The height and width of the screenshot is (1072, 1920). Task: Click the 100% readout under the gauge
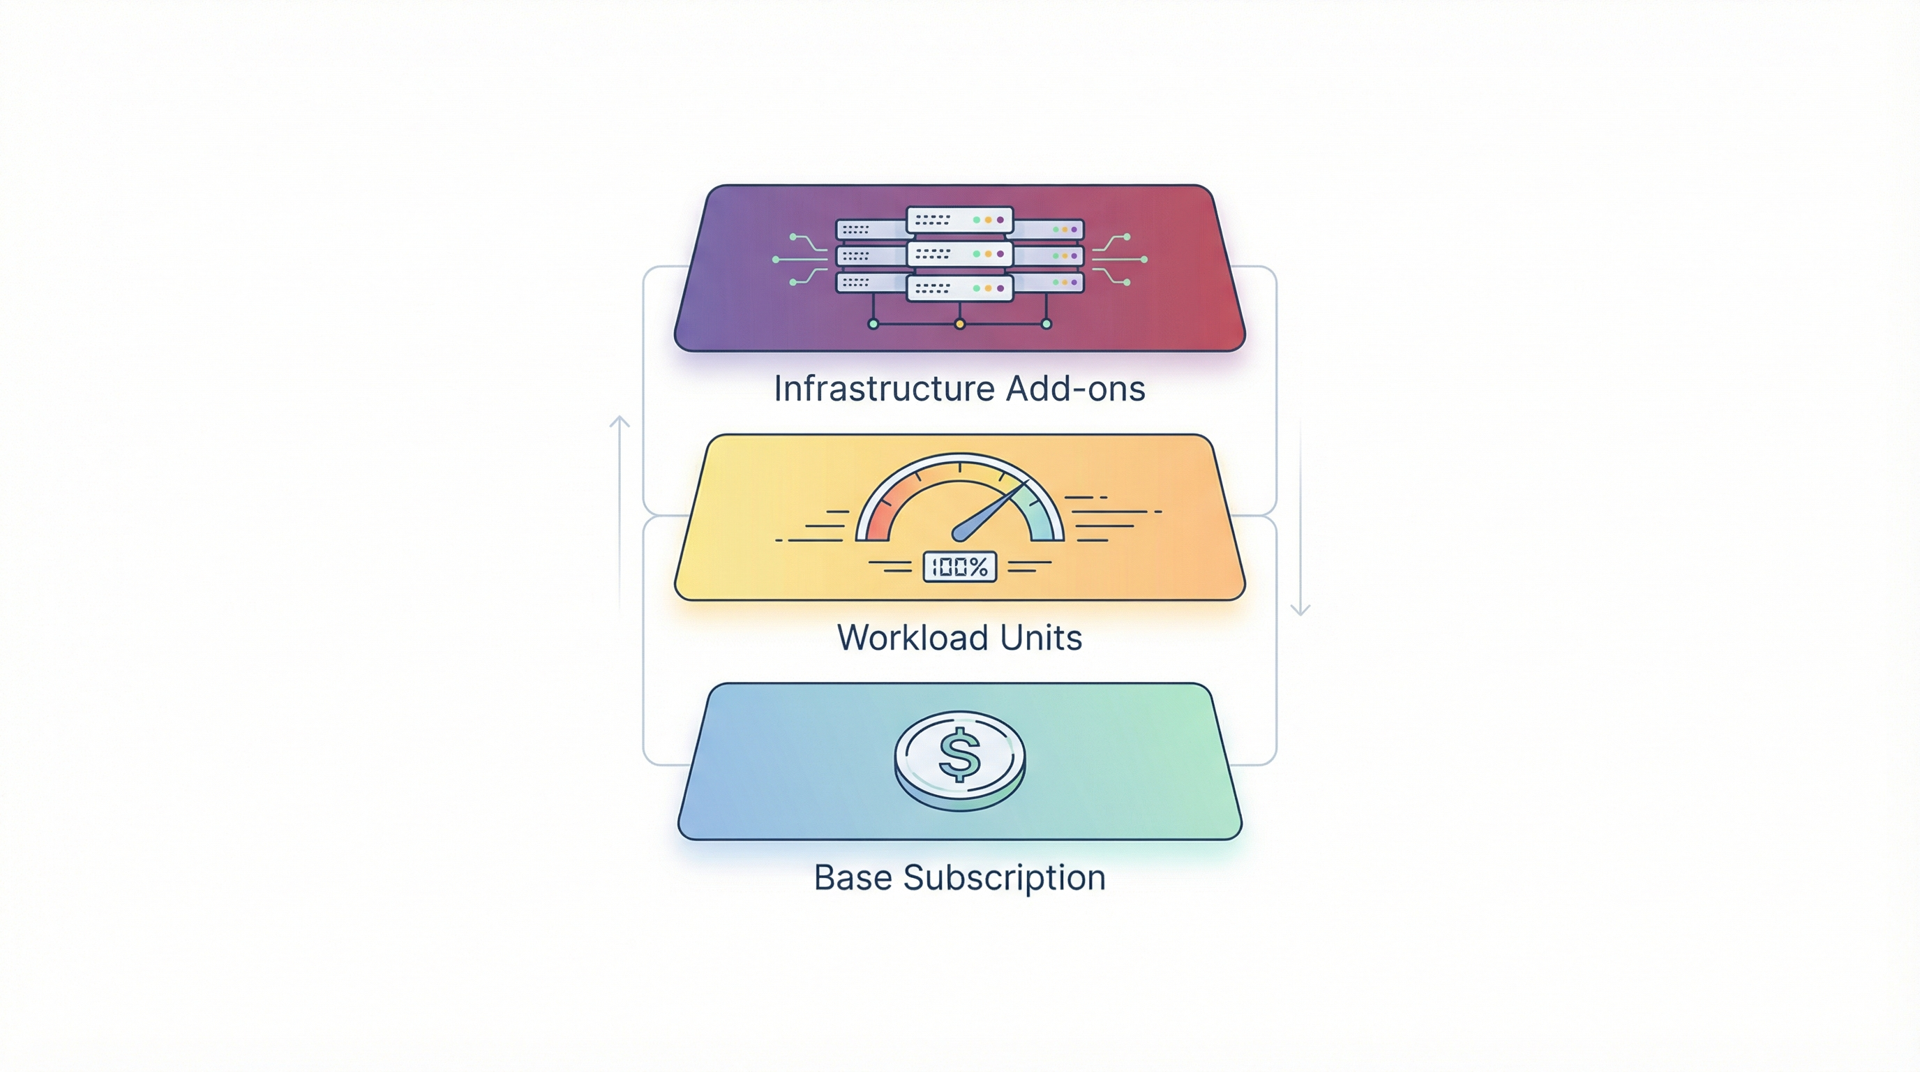pyautogui.click(x=959, y=567)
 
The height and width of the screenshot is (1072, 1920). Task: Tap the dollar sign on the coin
pyautogui.click(x=960, y=754)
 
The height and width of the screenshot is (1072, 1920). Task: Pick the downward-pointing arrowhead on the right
pyautogui.click(x=1300, y=609)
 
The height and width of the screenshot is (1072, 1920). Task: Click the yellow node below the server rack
pyautogui.click(x=960, y=325)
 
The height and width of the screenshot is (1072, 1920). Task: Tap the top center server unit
pyautogui.click(x=960, y=220)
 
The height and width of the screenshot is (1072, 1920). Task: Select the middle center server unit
pyautogui.click(x=960, y=254)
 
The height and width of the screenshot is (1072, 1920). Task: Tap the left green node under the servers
pyautogui.click(x=873, y=325)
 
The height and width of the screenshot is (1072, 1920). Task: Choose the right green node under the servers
pyautogui.click(x=1047, y=325)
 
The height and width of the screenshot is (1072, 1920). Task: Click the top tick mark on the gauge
pyautogui.click(x=960, y=468)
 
